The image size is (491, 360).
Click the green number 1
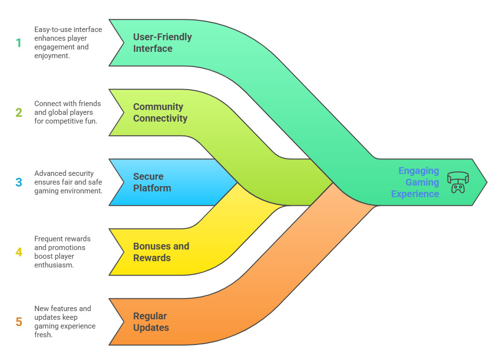[19, 43]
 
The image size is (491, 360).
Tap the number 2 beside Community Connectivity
[19, 112]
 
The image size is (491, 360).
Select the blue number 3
[19, 182]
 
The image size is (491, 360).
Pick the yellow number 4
[19, 252]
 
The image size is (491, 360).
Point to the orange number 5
[19, 322]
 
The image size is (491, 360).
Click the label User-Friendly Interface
[162, 43]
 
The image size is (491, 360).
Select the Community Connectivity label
[160, 112]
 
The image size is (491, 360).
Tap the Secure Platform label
[152, 182]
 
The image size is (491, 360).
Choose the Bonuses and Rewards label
[161, 252]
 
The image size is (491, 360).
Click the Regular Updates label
[151, 322]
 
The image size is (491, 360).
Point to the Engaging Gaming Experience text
[415, 182]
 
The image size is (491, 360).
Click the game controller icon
[458, 182]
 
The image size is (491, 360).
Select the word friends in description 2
[90, 104]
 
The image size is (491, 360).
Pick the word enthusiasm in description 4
[54, 265]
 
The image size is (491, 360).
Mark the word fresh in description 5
[43, 335]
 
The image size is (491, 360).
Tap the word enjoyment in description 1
[52, 56]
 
